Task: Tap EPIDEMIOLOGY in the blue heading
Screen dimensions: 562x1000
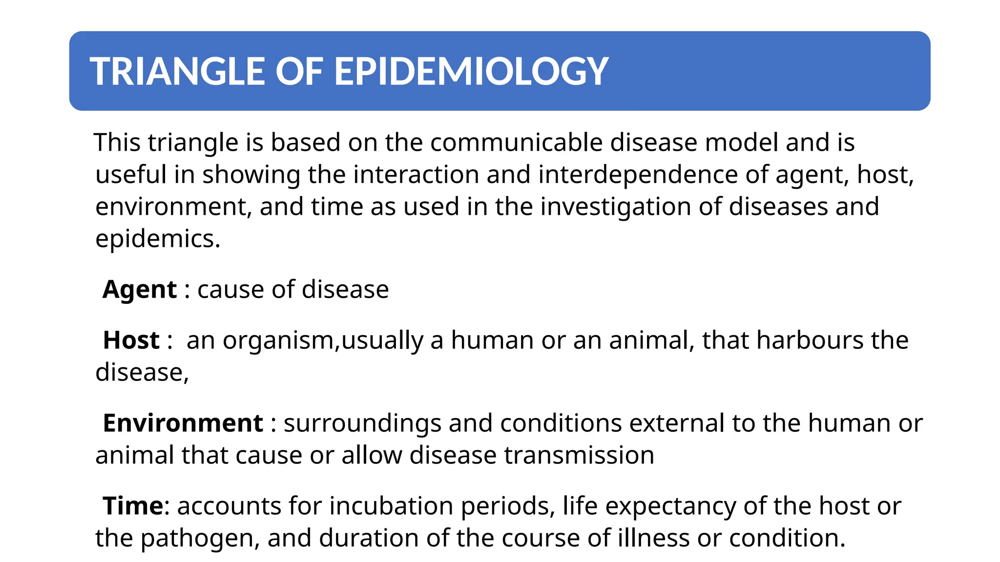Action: click(x=471, y=72)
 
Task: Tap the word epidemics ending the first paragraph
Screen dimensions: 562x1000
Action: click(x=157, y=239)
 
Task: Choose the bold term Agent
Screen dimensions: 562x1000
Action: click(x=139, y=290)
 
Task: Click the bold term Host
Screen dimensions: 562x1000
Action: click(x=131, y=341)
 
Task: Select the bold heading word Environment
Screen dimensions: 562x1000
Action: click(x=183, y=423)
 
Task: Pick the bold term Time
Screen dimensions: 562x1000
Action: click(x=132, y=506)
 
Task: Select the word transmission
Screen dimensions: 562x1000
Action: click(x=579, y=456)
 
